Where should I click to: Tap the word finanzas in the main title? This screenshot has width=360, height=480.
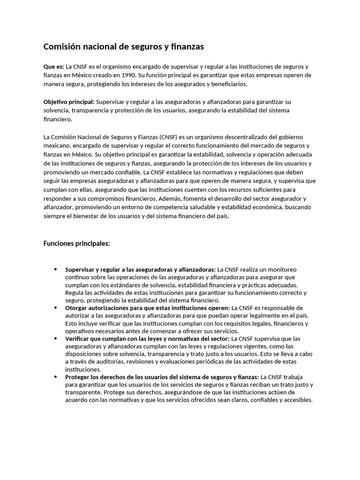click(185, 47)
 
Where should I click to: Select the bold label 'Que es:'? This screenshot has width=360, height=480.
click(53, 67)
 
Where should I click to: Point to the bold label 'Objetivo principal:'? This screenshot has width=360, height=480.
click(69, 102)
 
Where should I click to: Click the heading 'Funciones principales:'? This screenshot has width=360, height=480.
click(76, 243)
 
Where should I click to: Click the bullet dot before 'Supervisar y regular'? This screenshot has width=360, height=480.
click(56, 270)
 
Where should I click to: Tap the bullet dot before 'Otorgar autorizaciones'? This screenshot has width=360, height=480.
click(56, 308)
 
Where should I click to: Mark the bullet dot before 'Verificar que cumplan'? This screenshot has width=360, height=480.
click(56, 338)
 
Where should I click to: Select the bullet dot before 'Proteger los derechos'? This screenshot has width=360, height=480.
click(56, 377)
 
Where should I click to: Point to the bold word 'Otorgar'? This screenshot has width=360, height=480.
click(76, 308)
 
